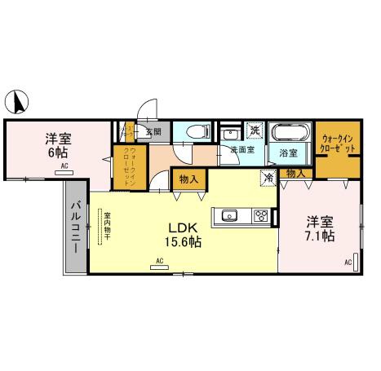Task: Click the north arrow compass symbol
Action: tap(19, 102)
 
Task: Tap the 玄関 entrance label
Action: tap(153, 130)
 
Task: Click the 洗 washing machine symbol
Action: tap(255, 130)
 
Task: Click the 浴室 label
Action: tap(287, 152)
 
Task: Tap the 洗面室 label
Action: tap(242, 150)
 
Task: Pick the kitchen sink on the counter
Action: tap(228, 216)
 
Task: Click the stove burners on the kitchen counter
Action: tap(260, 216)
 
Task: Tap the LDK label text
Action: tap(181, 227)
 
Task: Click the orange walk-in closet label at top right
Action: tap(338, 145)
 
